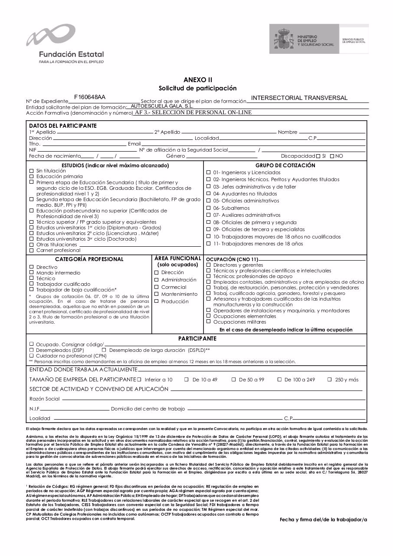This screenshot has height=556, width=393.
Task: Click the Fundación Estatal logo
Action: coord(65,44)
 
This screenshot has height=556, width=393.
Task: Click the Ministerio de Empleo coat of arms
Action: coord(284,40)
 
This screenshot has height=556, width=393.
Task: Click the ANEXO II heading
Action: coord(198,80)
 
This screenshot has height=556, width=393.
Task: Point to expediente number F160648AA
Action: coord(90,97)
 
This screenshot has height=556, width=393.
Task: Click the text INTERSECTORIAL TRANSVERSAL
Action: coord(299,98)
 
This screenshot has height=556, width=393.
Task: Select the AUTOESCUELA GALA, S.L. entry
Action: coord(162,106)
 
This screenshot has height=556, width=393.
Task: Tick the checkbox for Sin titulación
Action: coord(31,171)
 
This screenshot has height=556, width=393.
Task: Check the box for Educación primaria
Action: coord(31,176)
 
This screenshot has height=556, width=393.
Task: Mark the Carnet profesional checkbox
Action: coord(31,250)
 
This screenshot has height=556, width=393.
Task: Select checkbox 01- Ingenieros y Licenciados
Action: coord(209,172)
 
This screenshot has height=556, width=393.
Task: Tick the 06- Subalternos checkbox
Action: coord(209,208)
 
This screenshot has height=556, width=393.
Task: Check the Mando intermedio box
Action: coord(31,273)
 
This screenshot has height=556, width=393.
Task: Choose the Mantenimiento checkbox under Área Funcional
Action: coord(157,294)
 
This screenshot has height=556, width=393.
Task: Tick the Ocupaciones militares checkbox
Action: coord(209,322)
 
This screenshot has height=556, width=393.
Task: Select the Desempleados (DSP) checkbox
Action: coord(31,350)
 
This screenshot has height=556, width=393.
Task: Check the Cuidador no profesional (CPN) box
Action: coord(31,355)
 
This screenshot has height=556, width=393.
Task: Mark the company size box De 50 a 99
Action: coord(233,379)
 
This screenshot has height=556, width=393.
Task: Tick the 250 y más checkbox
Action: coord(330,379)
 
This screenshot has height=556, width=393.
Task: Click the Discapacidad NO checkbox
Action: coord(332,156)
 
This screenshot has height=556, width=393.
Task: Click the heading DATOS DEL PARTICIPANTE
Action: coord(63,126)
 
